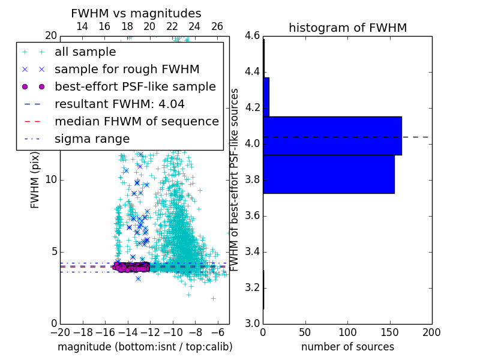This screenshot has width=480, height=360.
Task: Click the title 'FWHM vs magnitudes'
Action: pyautogui.click(x=136, y=14)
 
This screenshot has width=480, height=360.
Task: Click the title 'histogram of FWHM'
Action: pyautogui.click(x=347, y=28)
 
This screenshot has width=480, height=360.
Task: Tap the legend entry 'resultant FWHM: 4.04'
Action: pyautogui.click(x=119, y=104)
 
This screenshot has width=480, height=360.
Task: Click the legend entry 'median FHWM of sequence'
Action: pyautogui.click(x=136, y=122)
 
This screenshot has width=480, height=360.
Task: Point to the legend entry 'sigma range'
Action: pyautogui.click(x=92, y=139)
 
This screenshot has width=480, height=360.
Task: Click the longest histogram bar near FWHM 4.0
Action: pyautogui.click(x=332, y=136)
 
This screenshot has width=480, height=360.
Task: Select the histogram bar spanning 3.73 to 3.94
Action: pyautogui.click(x=328, y=174)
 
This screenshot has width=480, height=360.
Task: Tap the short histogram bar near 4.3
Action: pyautogui.click(x=266, y=97)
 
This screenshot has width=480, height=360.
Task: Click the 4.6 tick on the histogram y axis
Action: pyautogui.click(x=253, y=36)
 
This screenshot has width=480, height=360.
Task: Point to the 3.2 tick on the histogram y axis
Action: pyautogui.click(x=253, y=288)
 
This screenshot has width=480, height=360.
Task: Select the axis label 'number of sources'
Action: pyautogui.click(x=347, y=347)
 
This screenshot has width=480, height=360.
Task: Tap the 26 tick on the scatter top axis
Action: pyautogui.click(x=217, y=26)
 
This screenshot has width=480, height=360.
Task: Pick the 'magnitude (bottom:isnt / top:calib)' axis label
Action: pyautogui.click(x=145, y=347)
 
